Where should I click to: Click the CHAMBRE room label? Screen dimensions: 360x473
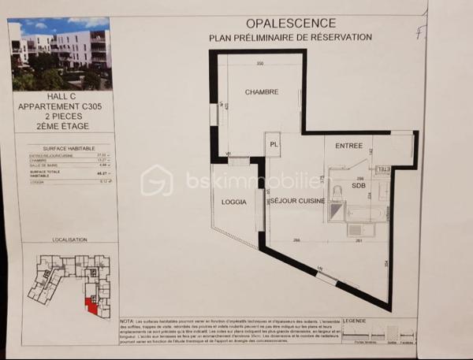coord(262,92)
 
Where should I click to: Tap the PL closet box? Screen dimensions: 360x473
coord(274,145)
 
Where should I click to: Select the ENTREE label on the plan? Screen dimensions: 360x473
coord(348,146)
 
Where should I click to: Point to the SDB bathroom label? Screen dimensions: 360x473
coord(359,187)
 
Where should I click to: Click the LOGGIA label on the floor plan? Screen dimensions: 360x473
coord(235,202)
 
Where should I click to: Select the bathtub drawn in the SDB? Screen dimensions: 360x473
coord(363,213)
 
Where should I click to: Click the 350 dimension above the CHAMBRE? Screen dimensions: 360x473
coord(259,63)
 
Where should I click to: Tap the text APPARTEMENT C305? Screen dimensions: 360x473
coord(59,106)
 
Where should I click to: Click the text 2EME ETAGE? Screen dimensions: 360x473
coord(59,125)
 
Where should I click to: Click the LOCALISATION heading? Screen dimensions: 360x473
coord(69,237)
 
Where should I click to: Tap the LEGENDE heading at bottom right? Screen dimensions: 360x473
coord(354,321)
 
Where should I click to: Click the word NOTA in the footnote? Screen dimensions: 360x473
coord(126,321)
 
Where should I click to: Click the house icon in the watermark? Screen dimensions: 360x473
coord(156,180)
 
